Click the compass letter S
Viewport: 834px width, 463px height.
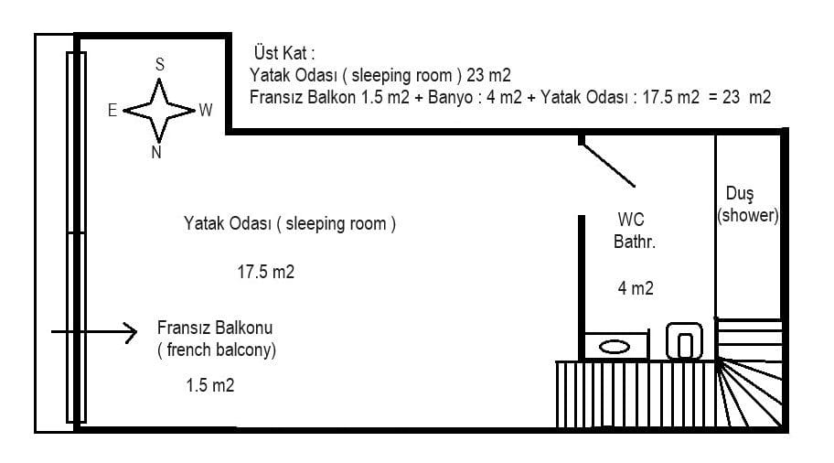pos(159,64)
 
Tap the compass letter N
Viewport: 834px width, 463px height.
pos(156,152)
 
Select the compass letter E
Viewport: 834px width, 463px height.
pos(112,110)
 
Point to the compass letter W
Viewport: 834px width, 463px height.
pos(206,110)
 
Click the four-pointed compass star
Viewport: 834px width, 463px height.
pos(159,111)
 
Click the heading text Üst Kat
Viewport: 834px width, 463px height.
pos(284,53)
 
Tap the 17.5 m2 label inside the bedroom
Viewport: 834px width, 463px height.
pos(265,272)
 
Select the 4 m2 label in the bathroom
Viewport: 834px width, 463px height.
pos(636,288)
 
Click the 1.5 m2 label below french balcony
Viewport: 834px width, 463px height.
pos(210,385)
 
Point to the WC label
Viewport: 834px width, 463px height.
pos(631,220)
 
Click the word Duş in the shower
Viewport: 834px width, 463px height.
pos(740,194)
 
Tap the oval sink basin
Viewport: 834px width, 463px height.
pos(615,347)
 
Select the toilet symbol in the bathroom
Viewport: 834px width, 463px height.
pos(685,341)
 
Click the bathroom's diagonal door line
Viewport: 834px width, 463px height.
pos(608,165)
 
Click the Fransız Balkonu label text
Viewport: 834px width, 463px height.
pos(215,328)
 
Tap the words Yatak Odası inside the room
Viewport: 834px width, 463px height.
pos(228,223)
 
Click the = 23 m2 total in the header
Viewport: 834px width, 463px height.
pos(740,97)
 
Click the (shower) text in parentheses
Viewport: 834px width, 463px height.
pos(748,216)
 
